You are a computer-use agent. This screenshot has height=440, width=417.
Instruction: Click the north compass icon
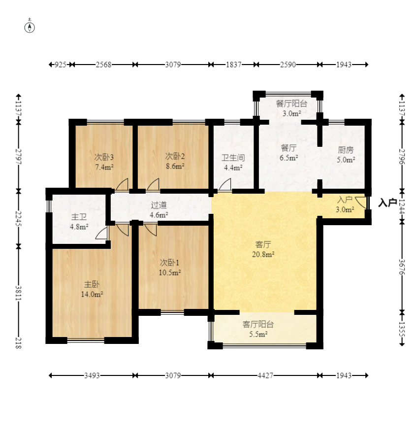(30, 27)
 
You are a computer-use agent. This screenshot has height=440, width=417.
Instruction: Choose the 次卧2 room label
(175, 156)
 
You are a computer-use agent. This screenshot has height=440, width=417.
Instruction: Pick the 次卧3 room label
(104, 157)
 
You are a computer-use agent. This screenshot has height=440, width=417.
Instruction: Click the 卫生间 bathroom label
(233, 158)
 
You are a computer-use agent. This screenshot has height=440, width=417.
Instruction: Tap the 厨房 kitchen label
(346, 150)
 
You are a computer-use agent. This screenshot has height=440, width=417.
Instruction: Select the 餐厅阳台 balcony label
(291, 103)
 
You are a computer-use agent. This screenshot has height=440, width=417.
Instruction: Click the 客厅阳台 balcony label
(258, 324)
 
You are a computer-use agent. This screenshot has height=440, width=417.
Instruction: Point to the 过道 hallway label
(159, 204)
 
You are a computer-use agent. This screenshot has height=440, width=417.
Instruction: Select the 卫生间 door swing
(225, 184)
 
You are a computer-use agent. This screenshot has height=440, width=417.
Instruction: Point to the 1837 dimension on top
(233, 65)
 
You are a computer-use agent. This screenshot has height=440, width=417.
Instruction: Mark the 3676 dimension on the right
(402, 267)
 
